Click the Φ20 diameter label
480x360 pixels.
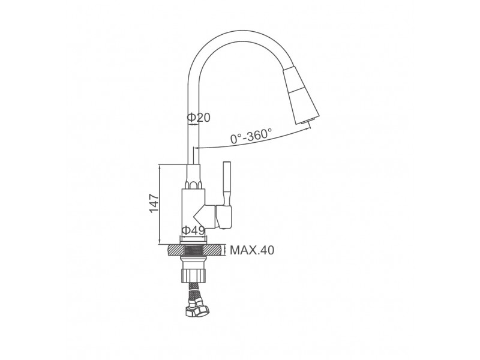tap(199, 117)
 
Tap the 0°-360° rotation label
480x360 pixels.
tap(251, 136)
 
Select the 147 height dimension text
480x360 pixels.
tap(154, 203)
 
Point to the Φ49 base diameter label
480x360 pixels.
tap(193, 230)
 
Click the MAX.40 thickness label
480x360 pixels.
tap(252, 250)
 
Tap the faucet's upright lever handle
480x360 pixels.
tap(227, 184)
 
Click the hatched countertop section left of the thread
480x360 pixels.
tap(175, 250)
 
